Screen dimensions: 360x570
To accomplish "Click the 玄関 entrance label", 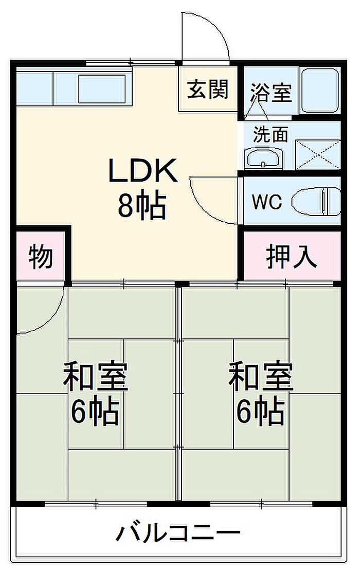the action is coord(208,89).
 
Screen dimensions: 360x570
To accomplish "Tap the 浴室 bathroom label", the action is coord(271,92).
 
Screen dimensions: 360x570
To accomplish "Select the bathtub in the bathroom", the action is coord(320,90).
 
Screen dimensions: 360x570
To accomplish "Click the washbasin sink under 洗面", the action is coord(263,158).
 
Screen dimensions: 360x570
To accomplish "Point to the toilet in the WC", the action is coord(316,201).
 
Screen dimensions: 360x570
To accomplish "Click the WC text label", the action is coord(267,202).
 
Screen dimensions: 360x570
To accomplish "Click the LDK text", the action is coord(143,170).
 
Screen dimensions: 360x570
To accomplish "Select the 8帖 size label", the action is coord(141,205).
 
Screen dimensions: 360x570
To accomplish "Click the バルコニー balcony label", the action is coord(178,533).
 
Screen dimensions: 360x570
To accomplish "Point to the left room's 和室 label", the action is coord(95,376).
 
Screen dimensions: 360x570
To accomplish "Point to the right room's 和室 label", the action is coord(260,376).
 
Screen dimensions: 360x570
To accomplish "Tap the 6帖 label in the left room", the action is coord(95,412).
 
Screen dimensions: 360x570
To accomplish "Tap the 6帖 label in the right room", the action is coord(260,412).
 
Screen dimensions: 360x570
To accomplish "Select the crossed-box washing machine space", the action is coord(318,154).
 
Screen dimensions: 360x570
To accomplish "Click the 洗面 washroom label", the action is coord(271,134).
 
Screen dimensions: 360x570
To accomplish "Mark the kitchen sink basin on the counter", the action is coord(102,88).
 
